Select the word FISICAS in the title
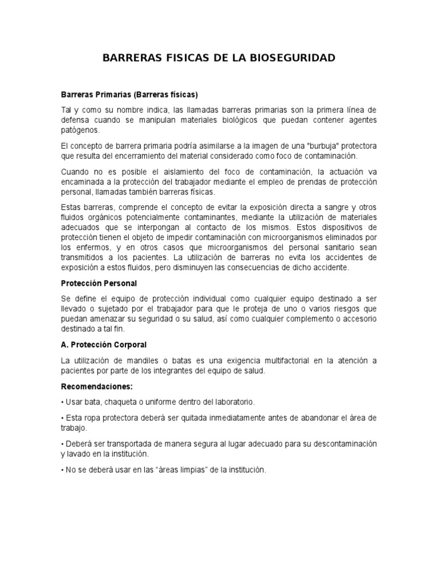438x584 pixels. (184, 58)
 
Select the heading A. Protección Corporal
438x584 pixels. (104, 344)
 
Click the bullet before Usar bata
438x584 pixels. (63, 402)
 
